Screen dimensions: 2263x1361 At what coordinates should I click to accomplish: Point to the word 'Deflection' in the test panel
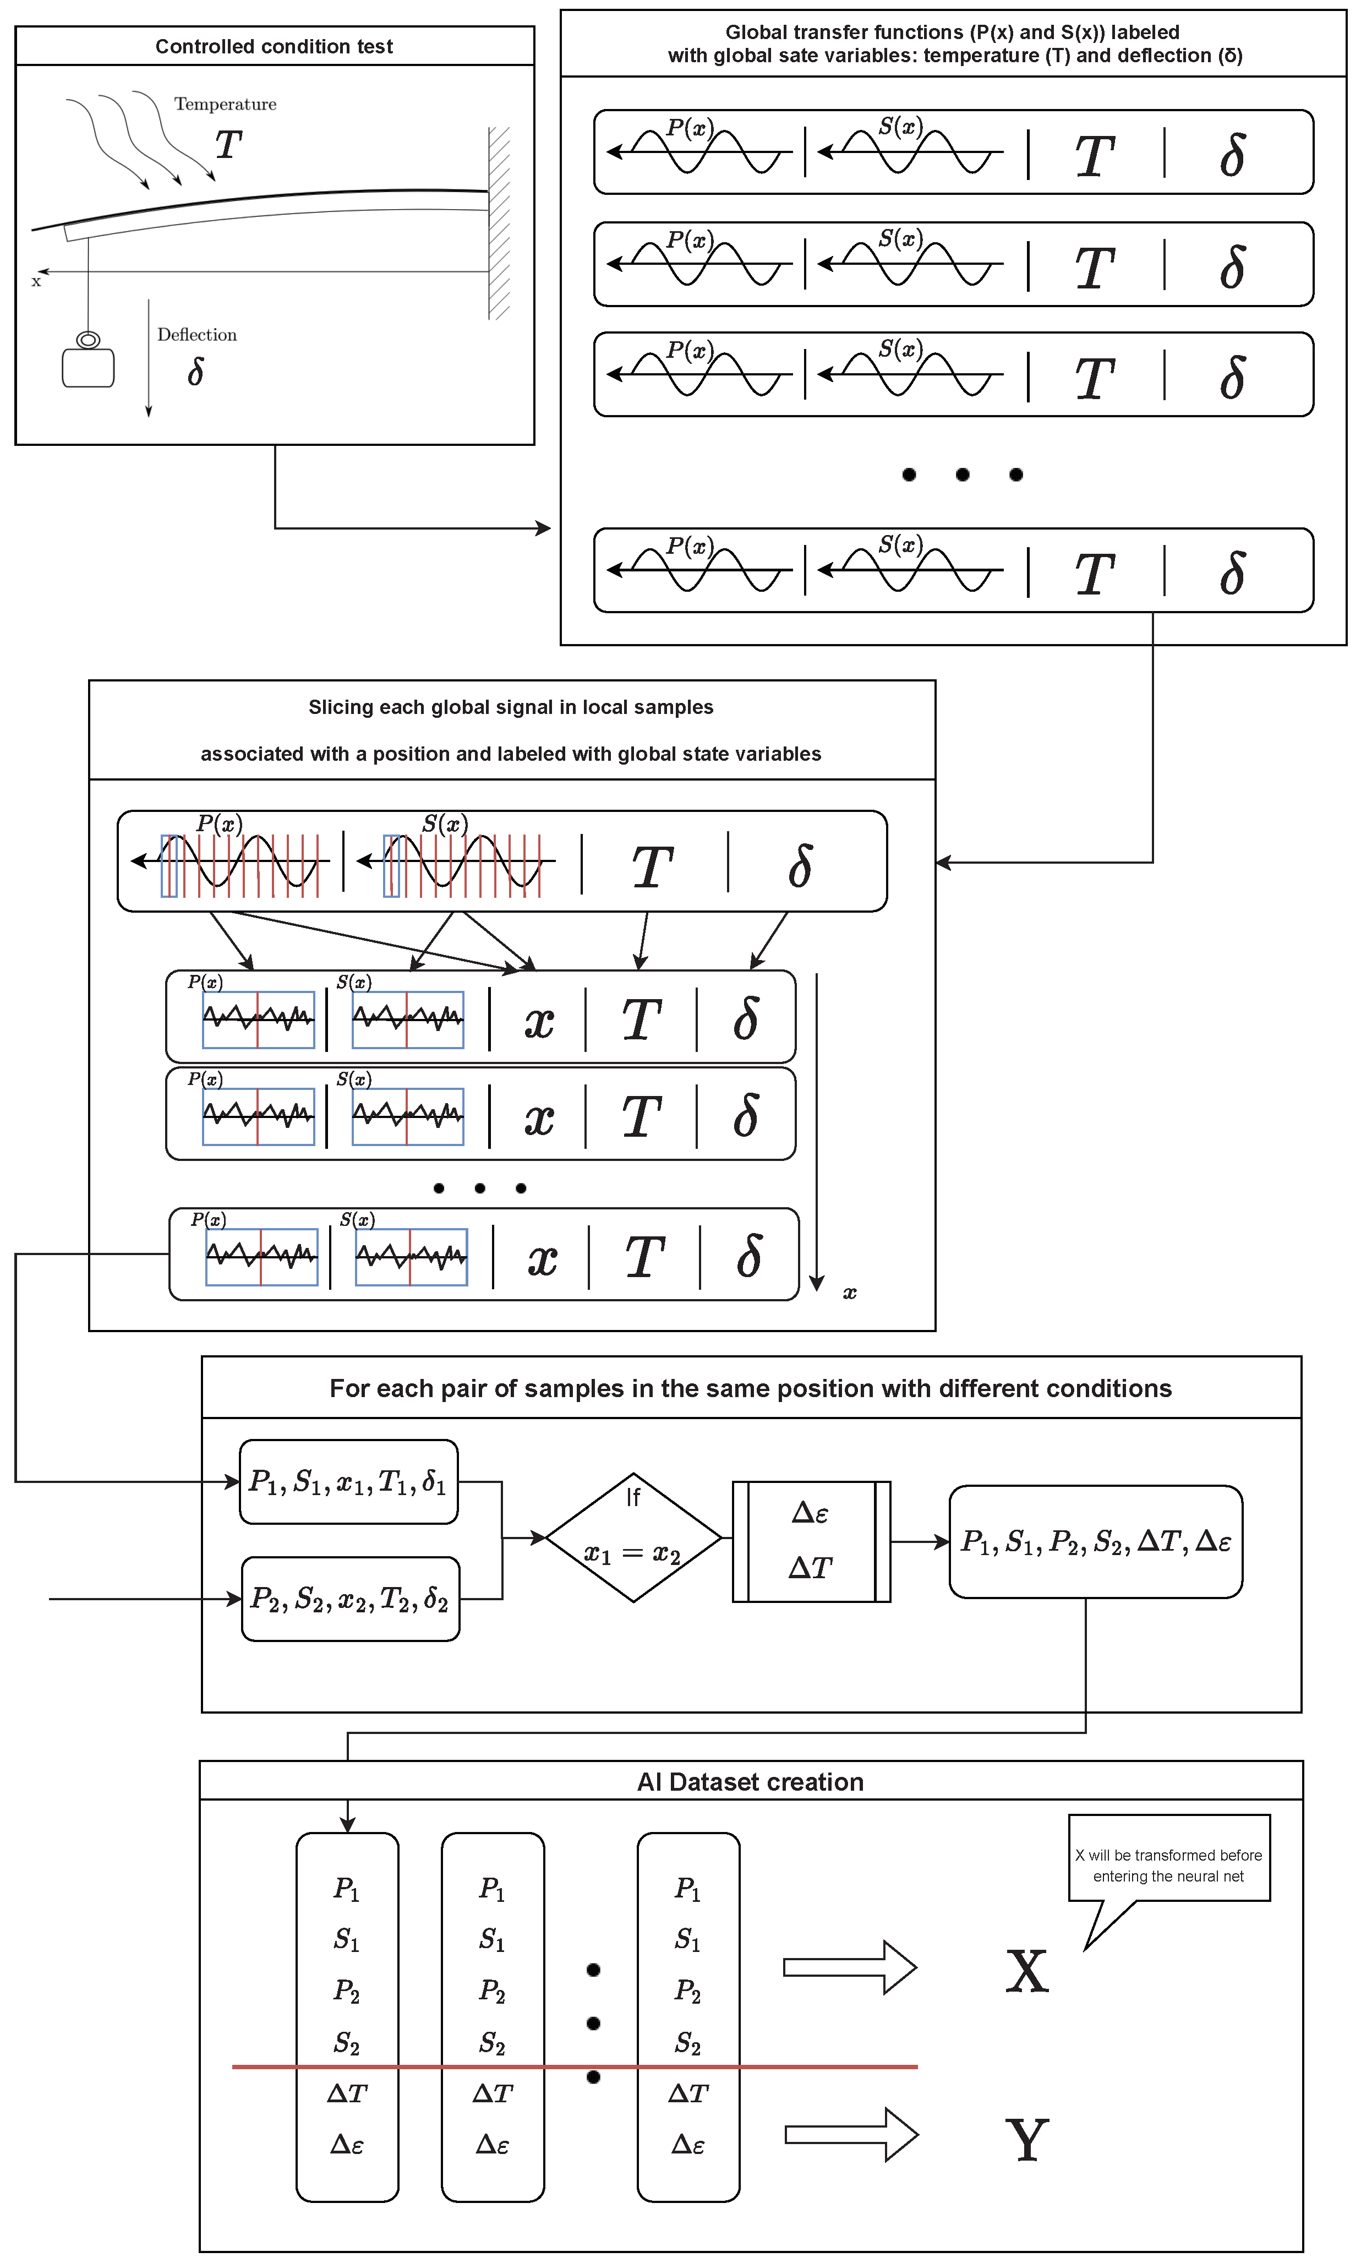[x=196, y=335]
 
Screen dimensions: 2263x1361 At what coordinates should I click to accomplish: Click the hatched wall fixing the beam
[x=499, y=223]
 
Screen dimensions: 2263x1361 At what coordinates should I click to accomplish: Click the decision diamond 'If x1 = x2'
[x=634, y=1539]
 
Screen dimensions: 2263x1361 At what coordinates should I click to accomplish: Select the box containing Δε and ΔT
[x=811, y=1541]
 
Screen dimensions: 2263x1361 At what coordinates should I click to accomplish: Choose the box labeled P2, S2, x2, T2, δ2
[x=351, y=1600]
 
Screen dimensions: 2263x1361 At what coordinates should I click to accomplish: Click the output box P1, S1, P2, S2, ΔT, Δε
[x=1095, y=1542]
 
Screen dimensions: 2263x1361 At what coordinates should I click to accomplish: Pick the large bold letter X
[x=1026, y=1970]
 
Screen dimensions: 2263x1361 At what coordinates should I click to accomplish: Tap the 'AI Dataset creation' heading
[x=750, y=1782]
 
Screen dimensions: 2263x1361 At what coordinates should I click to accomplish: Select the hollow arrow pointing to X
[x=849, y=1967]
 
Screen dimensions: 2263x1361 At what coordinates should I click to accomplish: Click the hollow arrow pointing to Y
[x=851, y=2135]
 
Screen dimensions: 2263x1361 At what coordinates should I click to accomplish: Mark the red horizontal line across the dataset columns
[x=574, y=2066]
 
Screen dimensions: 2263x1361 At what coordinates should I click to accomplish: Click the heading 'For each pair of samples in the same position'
[x=750, y=1389]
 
